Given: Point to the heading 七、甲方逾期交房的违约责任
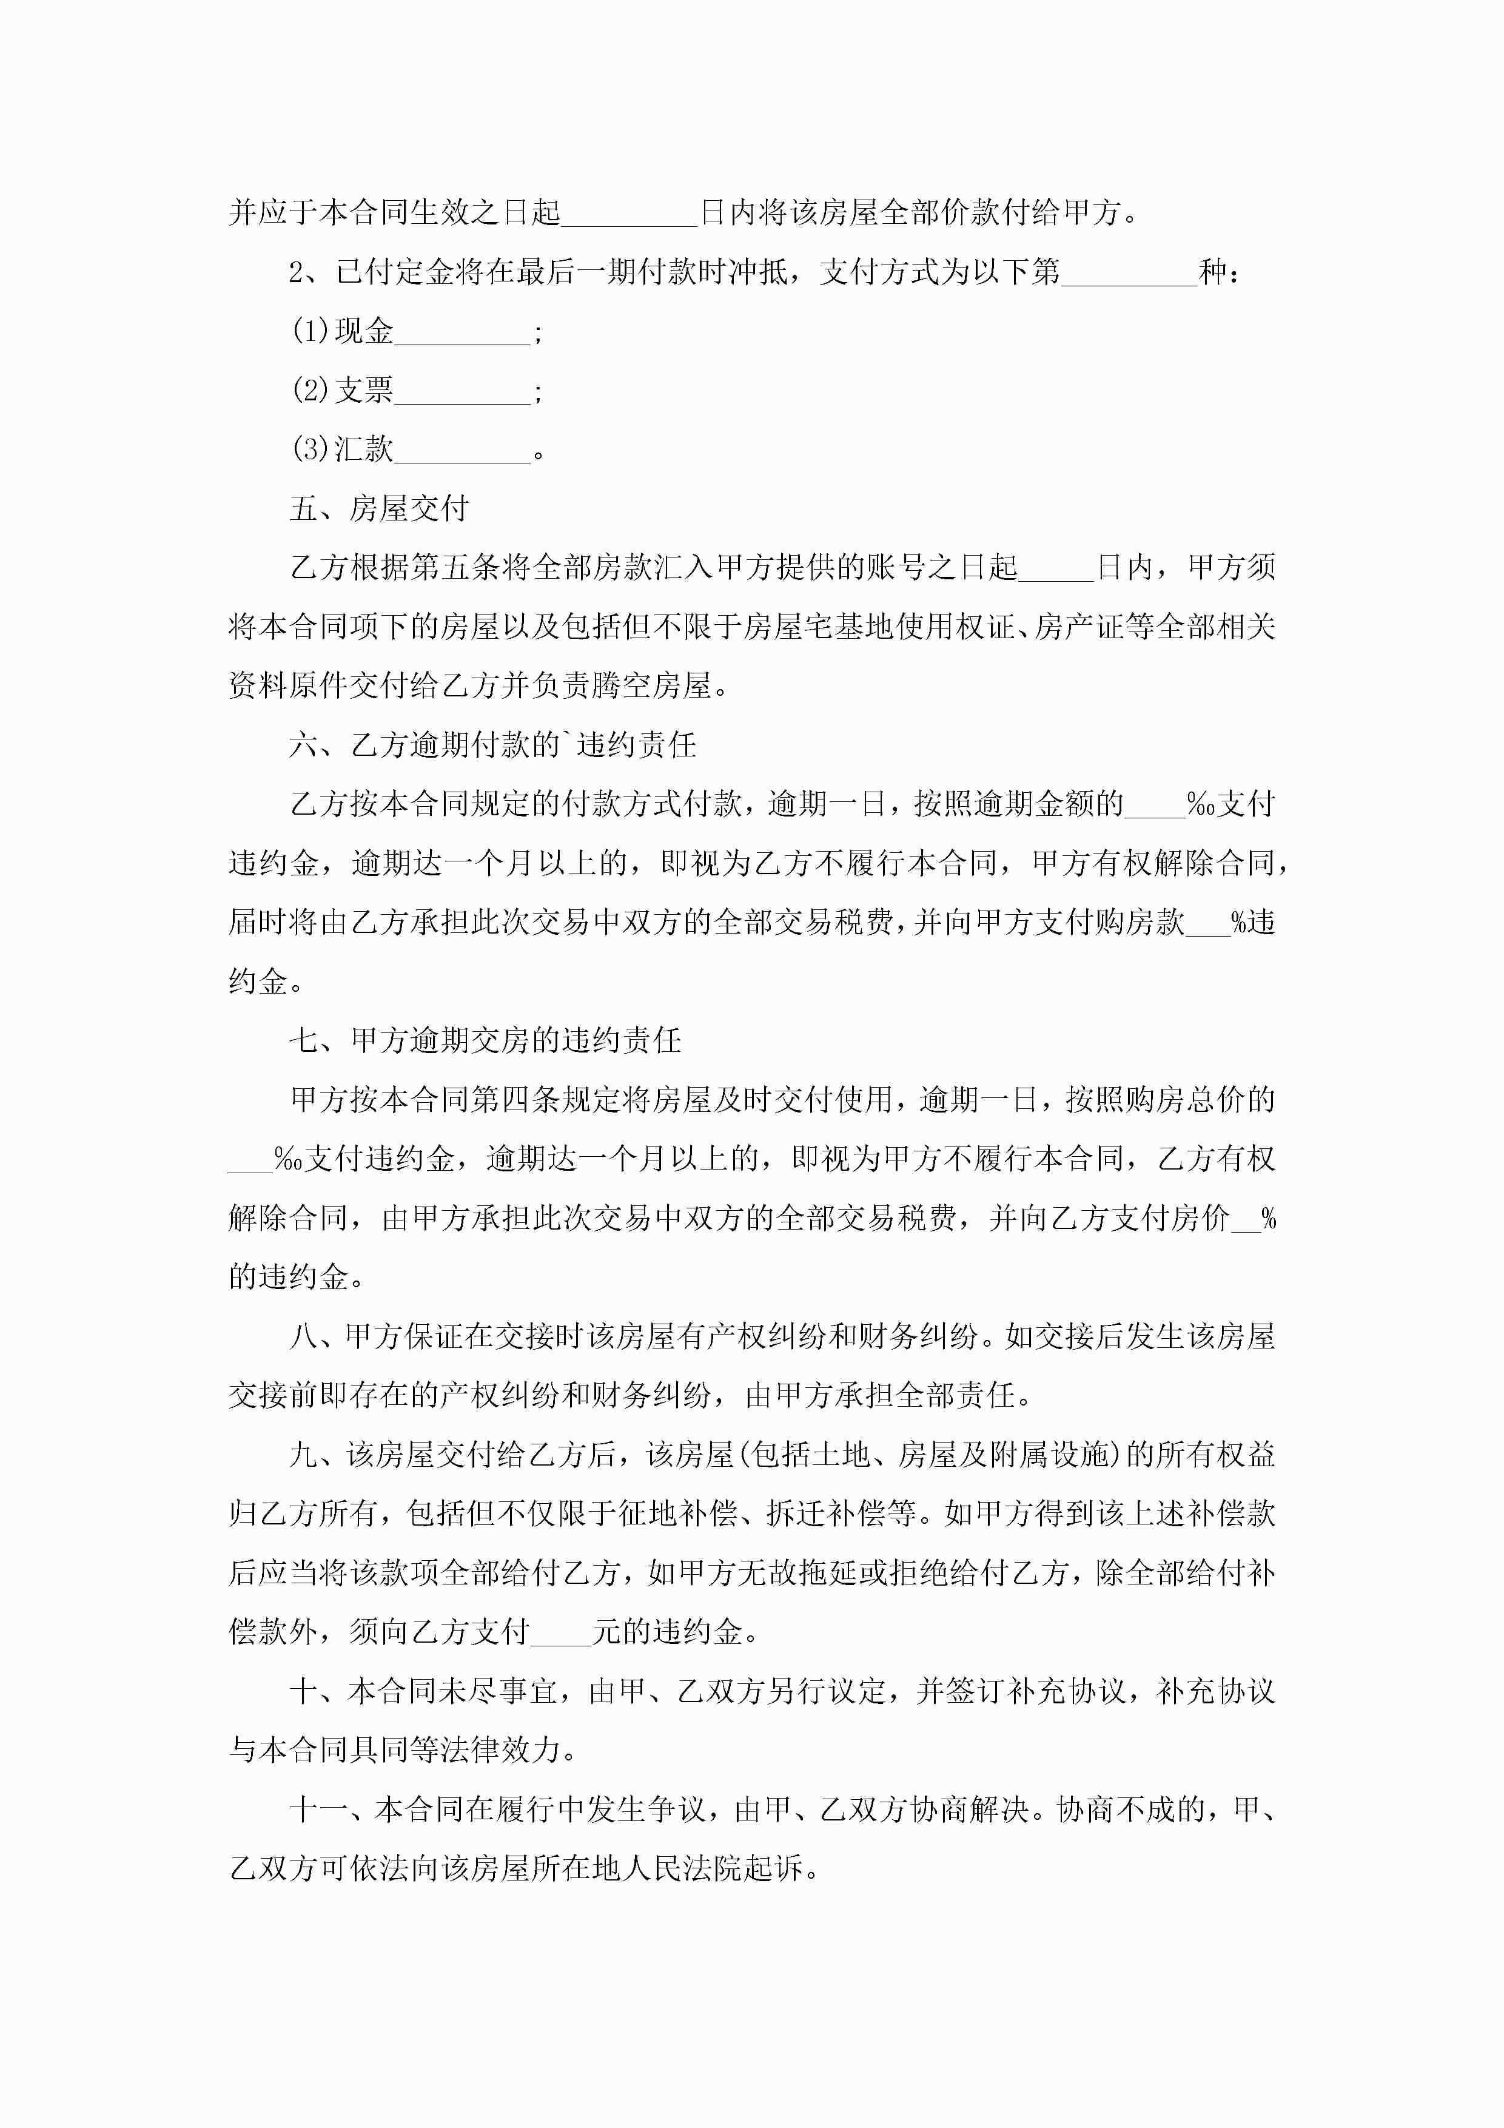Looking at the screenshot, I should (485, 1040).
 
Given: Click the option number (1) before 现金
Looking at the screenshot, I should (311, 331).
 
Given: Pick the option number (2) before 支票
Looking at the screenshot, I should (311, 390).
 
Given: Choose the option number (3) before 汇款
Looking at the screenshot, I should (311, 450).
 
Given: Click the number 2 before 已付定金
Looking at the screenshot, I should (297, 272).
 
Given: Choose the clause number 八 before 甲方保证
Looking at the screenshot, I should (303, 1336).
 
